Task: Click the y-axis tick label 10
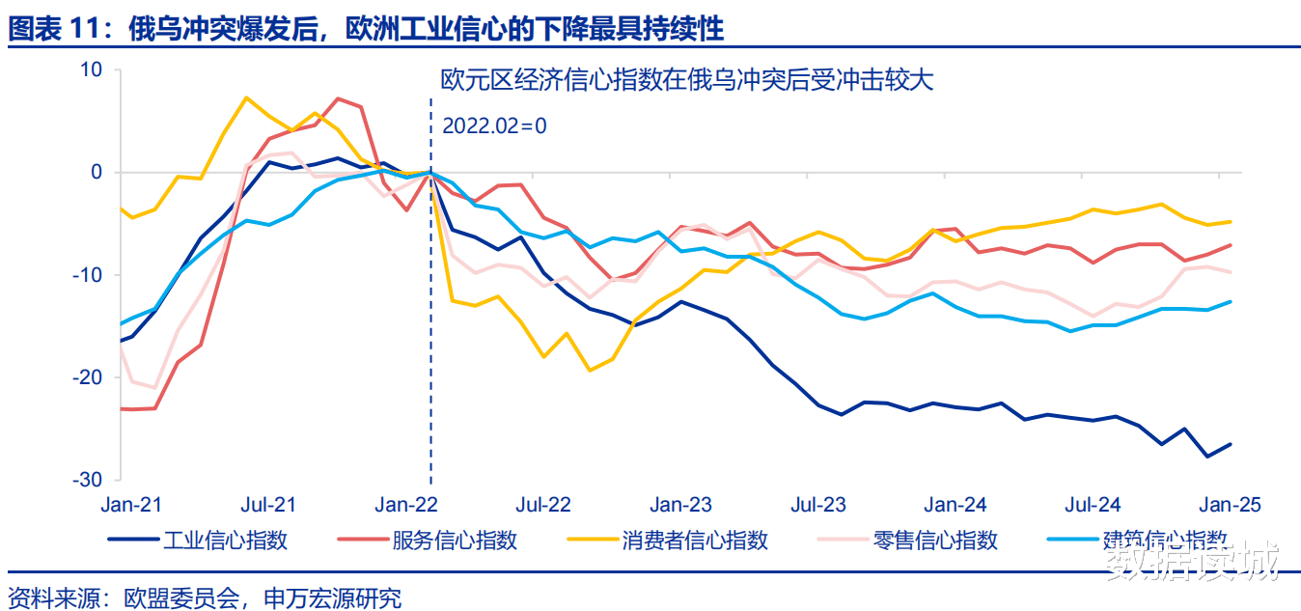pyautogui.click(x=91, y=70)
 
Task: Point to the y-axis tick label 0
pyautogui.click(x=96, y=173)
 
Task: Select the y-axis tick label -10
pyautogui.click(x=89, y=275)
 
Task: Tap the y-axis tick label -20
pyautogui.click(x=89, y=377)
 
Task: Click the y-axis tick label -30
pyautogui.click(x=89, y=480)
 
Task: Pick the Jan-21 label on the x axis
pyautogui.click(x=131, y=505)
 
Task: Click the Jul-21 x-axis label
pyautogui.click(x=268, y=505)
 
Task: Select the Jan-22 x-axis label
pyautogui.click(x=405, y=505)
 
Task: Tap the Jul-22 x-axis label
pyautogui.click(x=543, y=505)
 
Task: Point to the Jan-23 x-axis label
pyautogui.click(x=680, y=505)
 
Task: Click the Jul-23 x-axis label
pyautogui.click(x=818, y=505)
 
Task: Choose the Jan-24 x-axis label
pyautogui.click(x=955, y=505)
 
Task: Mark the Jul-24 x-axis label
pyautogui.click(x=1093, y=505)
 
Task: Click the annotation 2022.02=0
pyautogui.click(x=494, y=125)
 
